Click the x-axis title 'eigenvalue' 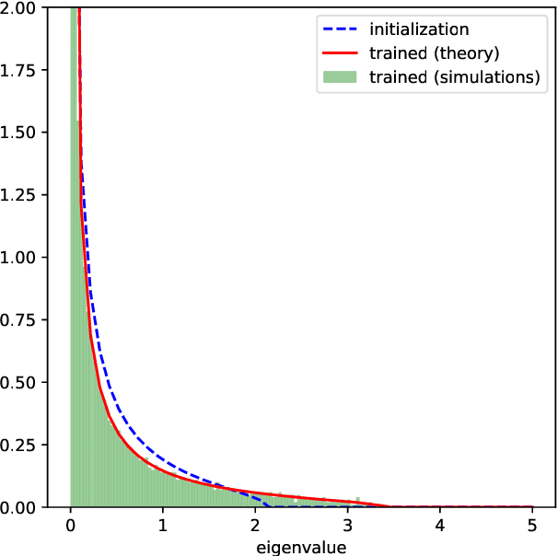(x=301, y=547)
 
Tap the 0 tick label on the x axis (x=71, y=526)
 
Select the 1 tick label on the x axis (x=163, y=526)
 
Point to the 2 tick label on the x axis (x=255, y=526)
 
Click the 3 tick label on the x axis (x=348, y=526)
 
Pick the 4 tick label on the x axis (x=440, y=526)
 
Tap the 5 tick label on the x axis (x=532, y=526)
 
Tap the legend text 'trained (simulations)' (x=454, y=77)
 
